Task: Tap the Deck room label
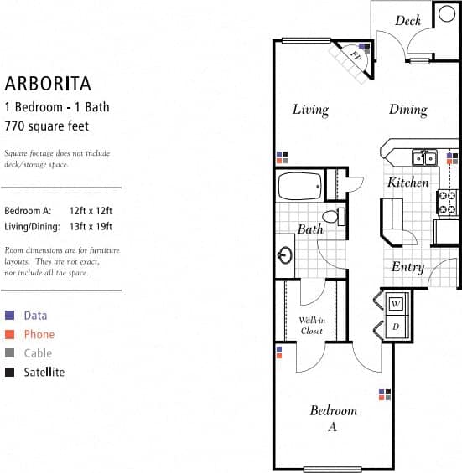tap(407, 21)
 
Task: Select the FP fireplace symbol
tap(356, 58)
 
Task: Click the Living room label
tap(310, 110)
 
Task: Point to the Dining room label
tap(407, 110)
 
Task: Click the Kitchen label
tap(408, 183)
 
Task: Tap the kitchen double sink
tap(423, 157)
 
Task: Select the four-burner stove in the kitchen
tap(448, 201)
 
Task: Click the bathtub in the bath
tap(299, 185)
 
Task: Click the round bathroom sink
tap(285, 254)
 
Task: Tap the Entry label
tap(407, 268)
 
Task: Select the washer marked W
tap(395, 303)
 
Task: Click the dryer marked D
tap(395, 326)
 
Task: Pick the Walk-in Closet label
tap(311, 326)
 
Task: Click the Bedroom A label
tap(333, 418)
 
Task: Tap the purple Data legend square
tap(9, 316)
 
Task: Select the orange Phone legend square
tap(9, 335)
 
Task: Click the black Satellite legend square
tap(9, 373)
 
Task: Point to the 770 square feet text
tap(47, 126)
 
